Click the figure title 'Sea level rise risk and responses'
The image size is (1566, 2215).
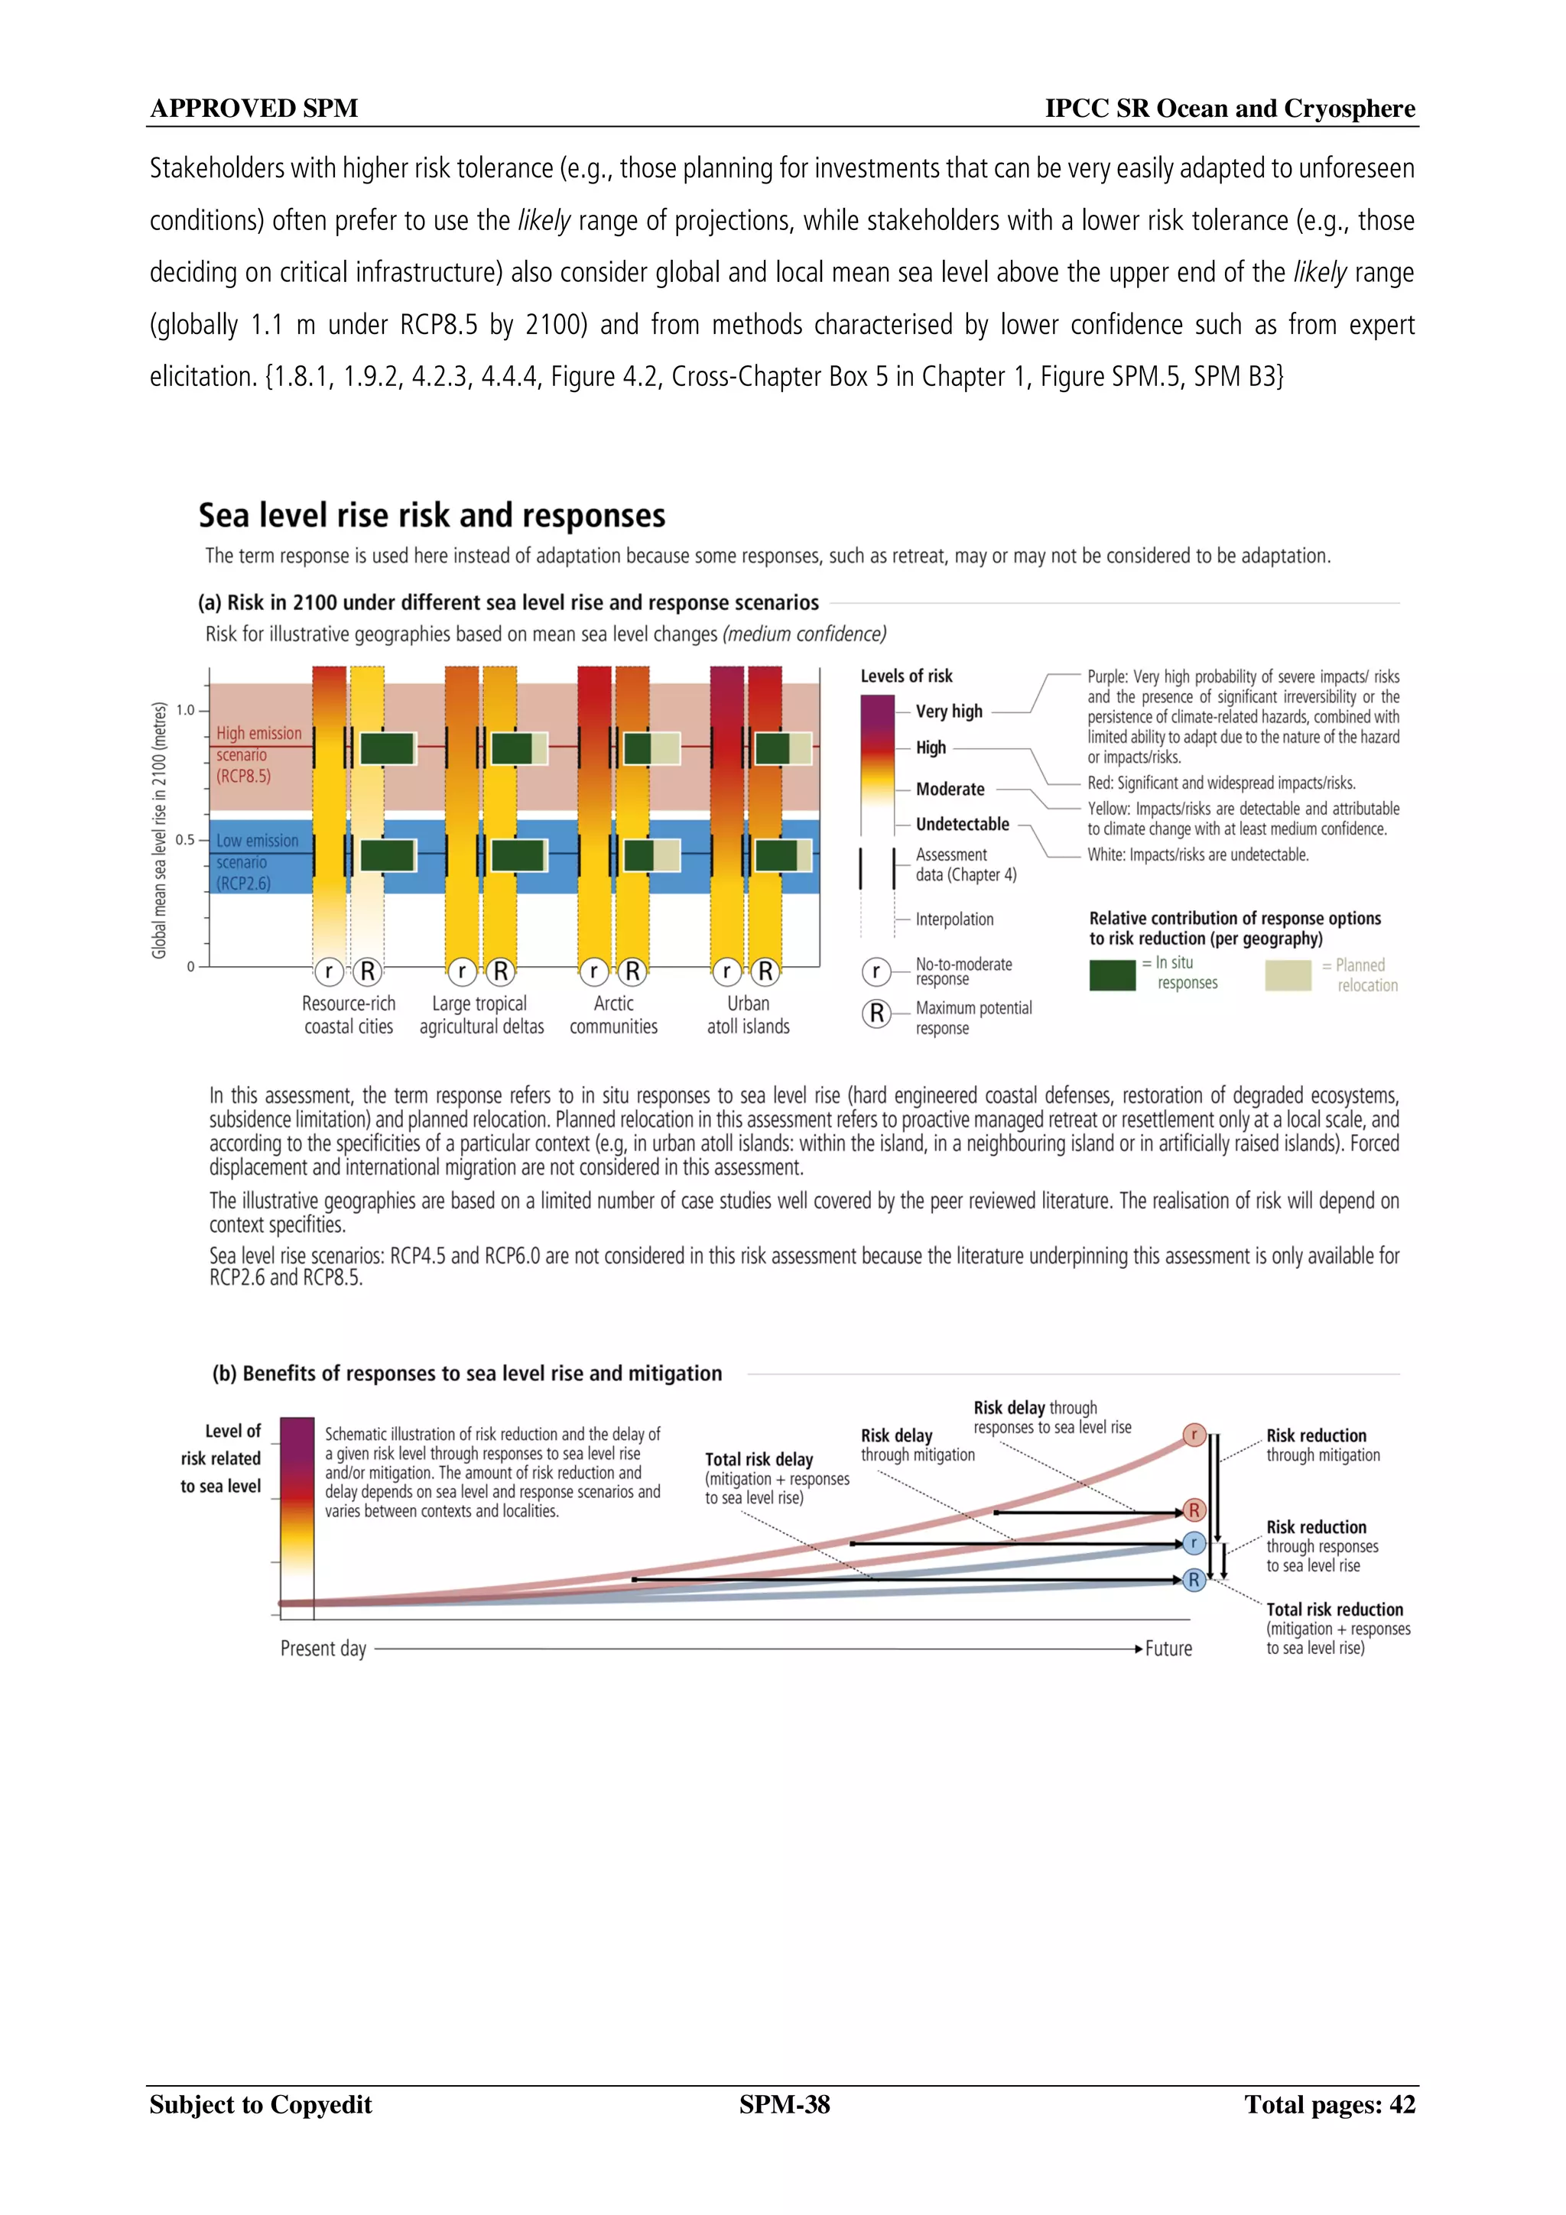431,516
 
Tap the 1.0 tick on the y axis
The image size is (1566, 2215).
185,710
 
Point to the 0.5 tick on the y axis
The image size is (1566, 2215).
185,839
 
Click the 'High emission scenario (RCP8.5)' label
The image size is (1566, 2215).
258,754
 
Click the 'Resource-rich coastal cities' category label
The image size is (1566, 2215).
349,1015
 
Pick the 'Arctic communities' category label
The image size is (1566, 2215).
614,1015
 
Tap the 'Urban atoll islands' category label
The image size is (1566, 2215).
748,1015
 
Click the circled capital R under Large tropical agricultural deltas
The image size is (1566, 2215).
500,971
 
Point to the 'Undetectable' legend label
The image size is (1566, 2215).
962,824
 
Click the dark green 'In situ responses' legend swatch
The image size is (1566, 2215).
1112,975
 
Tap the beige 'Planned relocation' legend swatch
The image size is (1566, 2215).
1287,975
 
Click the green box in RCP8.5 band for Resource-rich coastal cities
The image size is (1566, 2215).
388,748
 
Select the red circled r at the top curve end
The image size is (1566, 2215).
1194,1435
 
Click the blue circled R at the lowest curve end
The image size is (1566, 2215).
1194,1580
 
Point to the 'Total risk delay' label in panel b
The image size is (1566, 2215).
759,1460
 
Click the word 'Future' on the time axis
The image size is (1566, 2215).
1168,1649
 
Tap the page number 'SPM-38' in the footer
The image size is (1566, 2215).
785,2104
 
